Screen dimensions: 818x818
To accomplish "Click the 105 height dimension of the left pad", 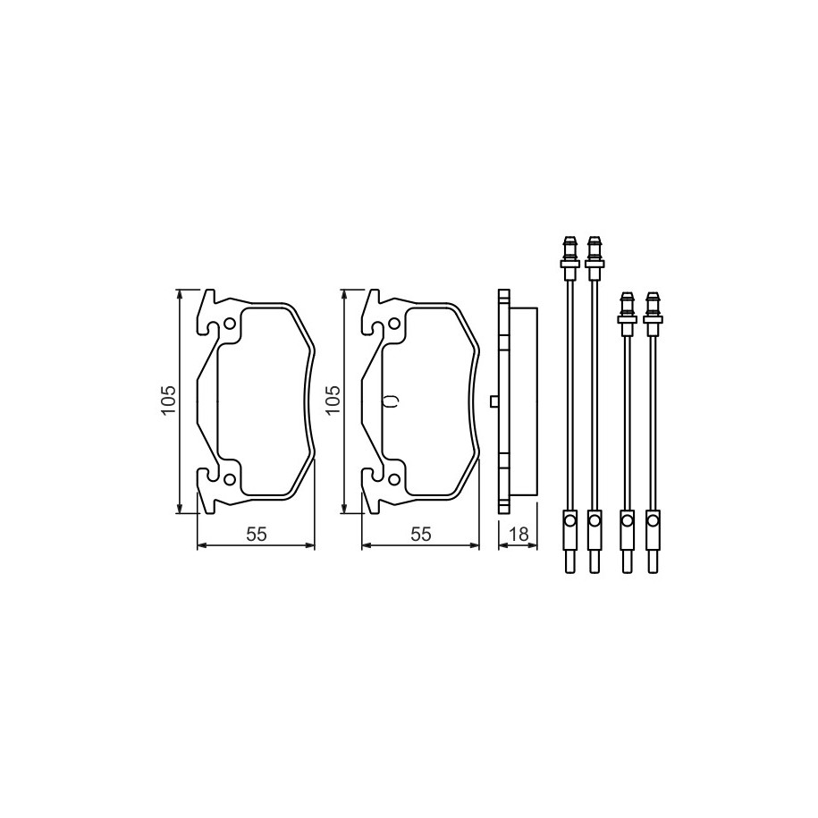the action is click(168, 401).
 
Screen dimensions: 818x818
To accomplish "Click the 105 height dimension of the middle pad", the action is click(333, 401).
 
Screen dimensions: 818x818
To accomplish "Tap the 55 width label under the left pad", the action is click(257, 535).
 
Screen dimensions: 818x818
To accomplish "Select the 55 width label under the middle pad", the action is click(421, 535).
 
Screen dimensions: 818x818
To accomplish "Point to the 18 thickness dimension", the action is click(519, 535).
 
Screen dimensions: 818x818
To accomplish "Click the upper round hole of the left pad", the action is click(229, 325).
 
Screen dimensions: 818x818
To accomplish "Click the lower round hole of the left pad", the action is click(229, 478).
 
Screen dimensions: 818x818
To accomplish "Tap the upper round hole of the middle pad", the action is click(394, 325).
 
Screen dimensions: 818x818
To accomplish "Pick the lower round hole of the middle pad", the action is click(394, 478).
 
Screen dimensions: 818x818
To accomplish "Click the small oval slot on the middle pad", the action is click(392, 401).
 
